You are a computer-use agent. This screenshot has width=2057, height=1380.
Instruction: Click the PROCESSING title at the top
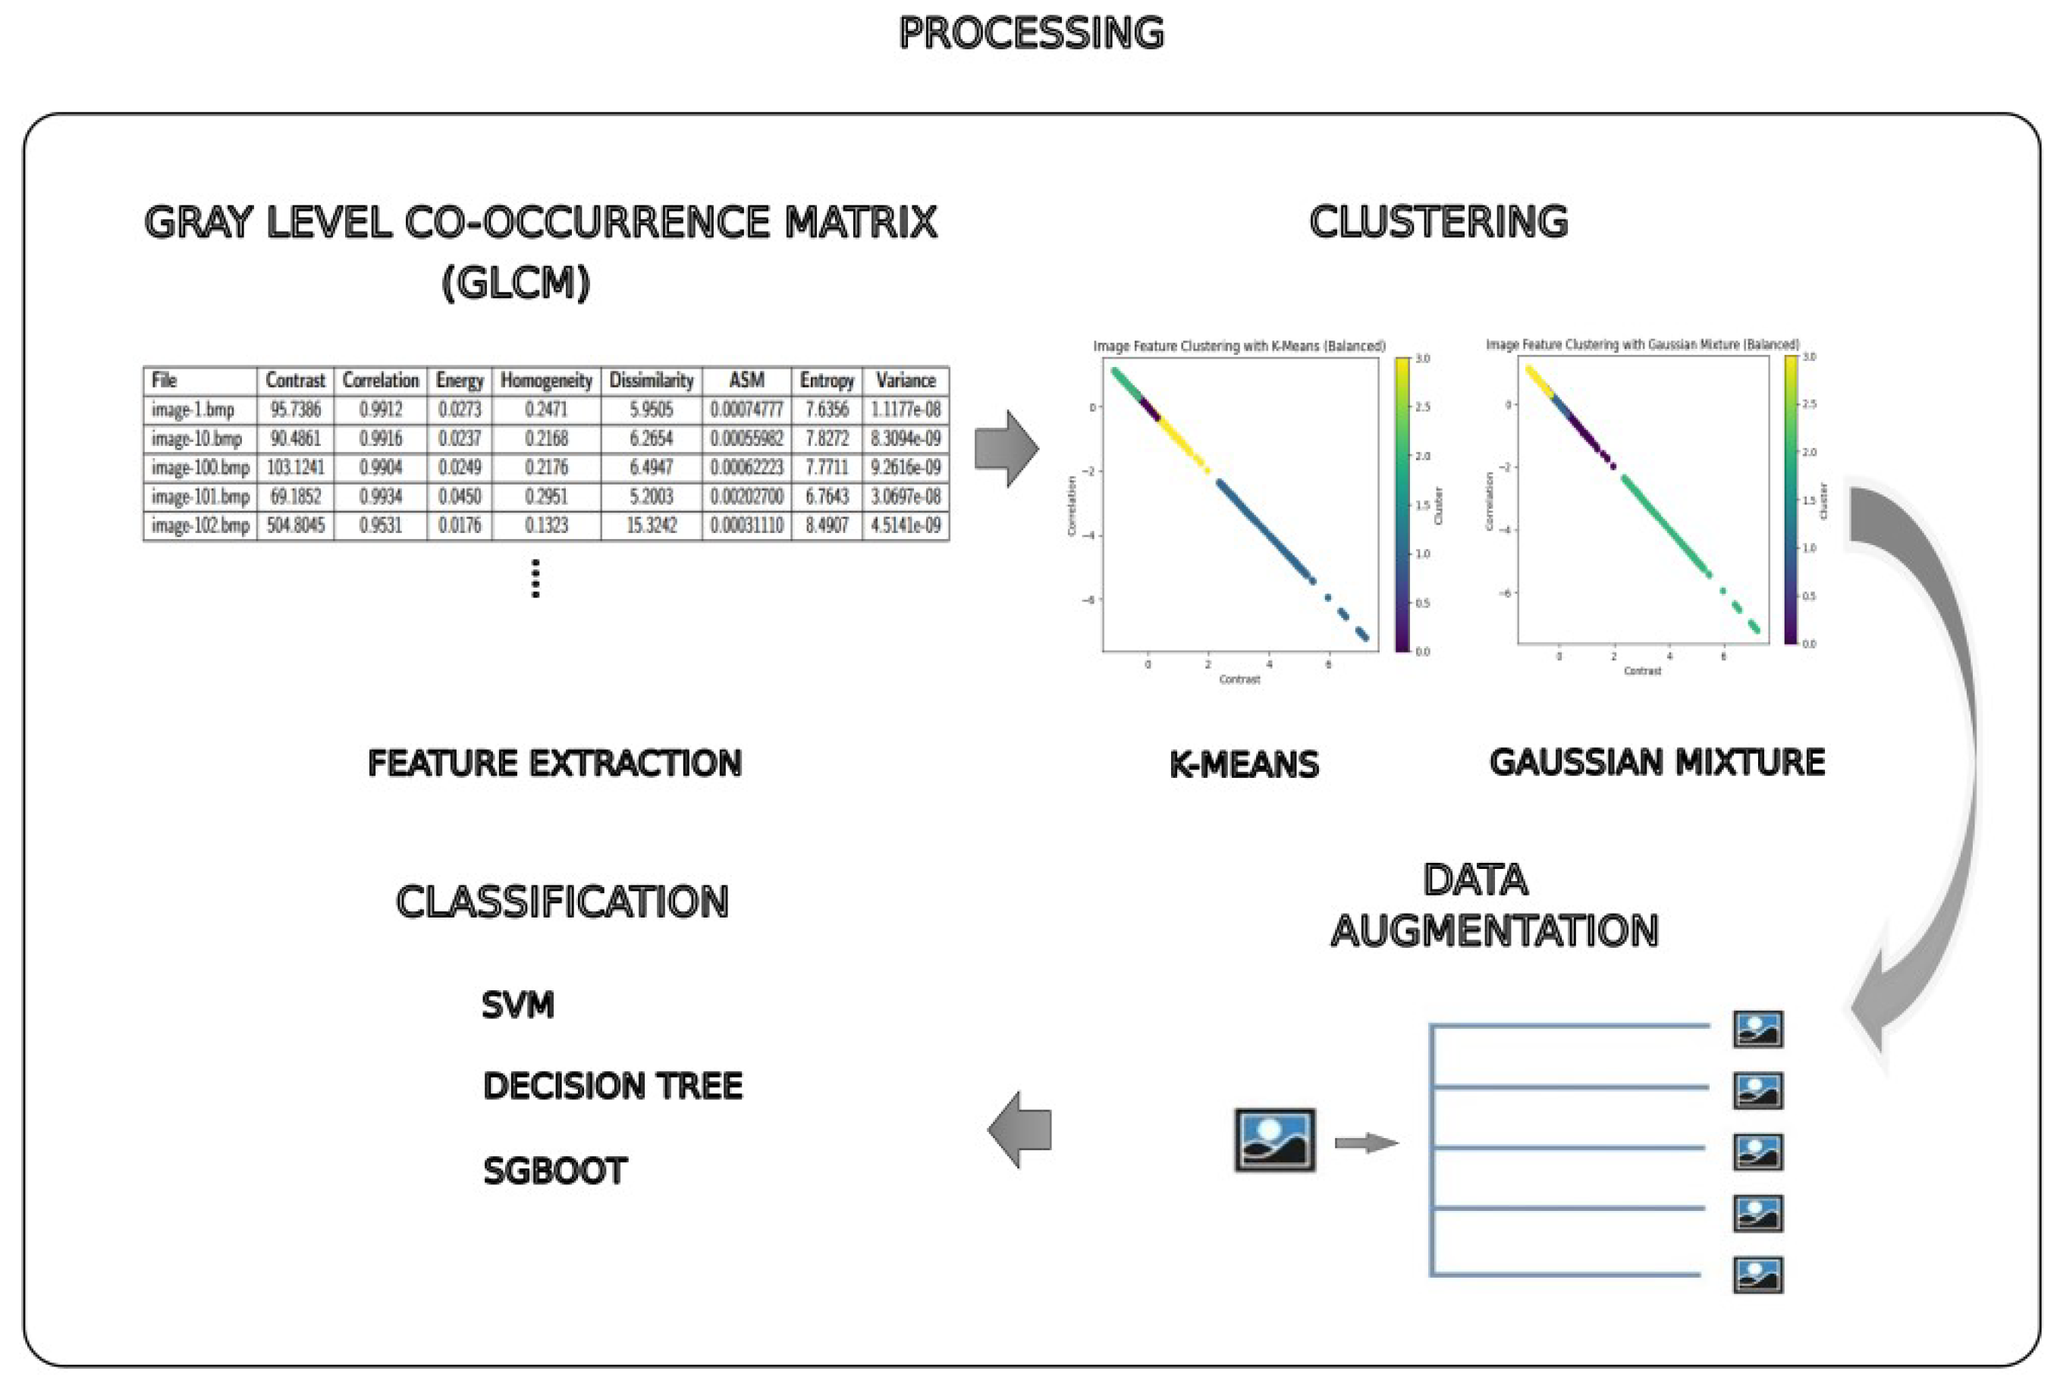tap(1031, 33)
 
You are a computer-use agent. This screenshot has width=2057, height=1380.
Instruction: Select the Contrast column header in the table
tap(295, 380)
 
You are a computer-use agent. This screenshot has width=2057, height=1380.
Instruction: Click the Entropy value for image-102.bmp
tap(826, 525)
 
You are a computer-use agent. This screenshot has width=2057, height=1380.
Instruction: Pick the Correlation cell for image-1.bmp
tap(380, 409)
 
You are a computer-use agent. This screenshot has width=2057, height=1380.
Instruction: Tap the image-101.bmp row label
tap(199, 497)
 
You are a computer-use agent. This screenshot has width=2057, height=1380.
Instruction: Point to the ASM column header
tap(746, 380)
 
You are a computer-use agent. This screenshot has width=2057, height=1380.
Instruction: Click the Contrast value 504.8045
tap(295, 525)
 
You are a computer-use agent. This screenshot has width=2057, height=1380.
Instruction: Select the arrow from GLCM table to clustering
tap(1006, 449)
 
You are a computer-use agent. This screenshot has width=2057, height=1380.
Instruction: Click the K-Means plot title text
tap(1239, 346)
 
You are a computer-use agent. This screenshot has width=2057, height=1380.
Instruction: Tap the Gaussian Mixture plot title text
tap(1641, 344)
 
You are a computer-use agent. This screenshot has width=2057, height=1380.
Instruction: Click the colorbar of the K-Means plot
tap(1402, 504)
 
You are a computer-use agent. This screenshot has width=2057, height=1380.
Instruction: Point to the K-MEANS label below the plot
tap(1243, 764)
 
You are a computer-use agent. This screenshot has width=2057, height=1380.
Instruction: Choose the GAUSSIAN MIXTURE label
tap(1656, 762)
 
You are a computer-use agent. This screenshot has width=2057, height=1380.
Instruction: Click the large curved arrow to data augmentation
tap(1936, 748)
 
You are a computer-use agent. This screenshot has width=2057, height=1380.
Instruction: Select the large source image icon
tap(1273, 1140)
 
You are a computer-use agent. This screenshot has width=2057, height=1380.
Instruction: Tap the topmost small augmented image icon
tap(1757, 1029)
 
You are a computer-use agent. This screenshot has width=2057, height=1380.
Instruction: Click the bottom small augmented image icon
tap(1757, 1275)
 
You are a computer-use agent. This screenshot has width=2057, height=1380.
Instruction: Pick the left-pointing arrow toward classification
tap(1020, 1129)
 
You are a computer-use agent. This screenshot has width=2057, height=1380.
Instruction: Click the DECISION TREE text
tap(612, 1086)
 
